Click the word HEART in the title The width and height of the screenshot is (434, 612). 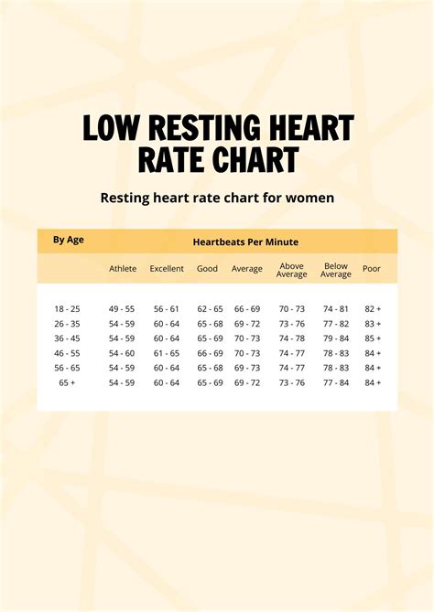click(306, 128)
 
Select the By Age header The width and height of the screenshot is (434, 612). click(69, 240)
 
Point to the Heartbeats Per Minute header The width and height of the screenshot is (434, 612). click(245, 242)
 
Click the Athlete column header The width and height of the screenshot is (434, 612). click(123, 269)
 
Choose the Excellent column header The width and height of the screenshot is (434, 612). click(167, 269)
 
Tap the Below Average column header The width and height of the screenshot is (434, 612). click(336, 269)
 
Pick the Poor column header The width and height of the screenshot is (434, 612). click(372, 269)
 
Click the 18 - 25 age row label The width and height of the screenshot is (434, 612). click(67, 309)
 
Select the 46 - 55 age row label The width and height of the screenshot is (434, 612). click(67, 353)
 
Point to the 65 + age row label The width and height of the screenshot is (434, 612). click(67, 382)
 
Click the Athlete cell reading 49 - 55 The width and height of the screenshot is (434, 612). click(123, 309)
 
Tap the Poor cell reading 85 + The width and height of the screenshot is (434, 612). click(373, 338)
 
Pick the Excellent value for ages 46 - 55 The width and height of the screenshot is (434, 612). click(167, 353)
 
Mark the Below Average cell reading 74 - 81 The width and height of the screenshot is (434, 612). click(336, 309)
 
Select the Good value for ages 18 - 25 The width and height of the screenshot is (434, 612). click(210, 309)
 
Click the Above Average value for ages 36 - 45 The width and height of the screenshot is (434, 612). click(291, 338)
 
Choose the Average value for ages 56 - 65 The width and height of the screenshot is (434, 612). click(247, 368)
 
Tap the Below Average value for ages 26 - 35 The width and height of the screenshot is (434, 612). click(336, 324)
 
